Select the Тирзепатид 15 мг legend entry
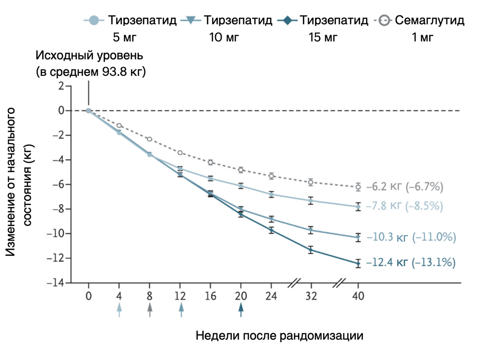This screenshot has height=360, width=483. coord(326,21)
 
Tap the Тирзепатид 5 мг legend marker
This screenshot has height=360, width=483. coord(94,21)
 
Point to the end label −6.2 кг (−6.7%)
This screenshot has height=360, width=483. coord(405,187)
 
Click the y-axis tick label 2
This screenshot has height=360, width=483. coord(62,86)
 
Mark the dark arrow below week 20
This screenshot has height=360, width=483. coord(241,310)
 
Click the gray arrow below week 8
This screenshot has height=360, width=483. coord(150,310)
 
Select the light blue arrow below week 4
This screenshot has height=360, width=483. coord(119,310)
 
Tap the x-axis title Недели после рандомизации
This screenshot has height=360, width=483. coord(280,336)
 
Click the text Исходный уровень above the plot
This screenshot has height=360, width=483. coord(90,57)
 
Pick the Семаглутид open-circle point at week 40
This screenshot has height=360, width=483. coord(358,187)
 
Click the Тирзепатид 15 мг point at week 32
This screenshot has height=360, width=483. coord(311,250)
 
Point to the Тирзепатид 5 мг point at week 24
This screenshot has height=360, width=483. coord(271,194)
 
